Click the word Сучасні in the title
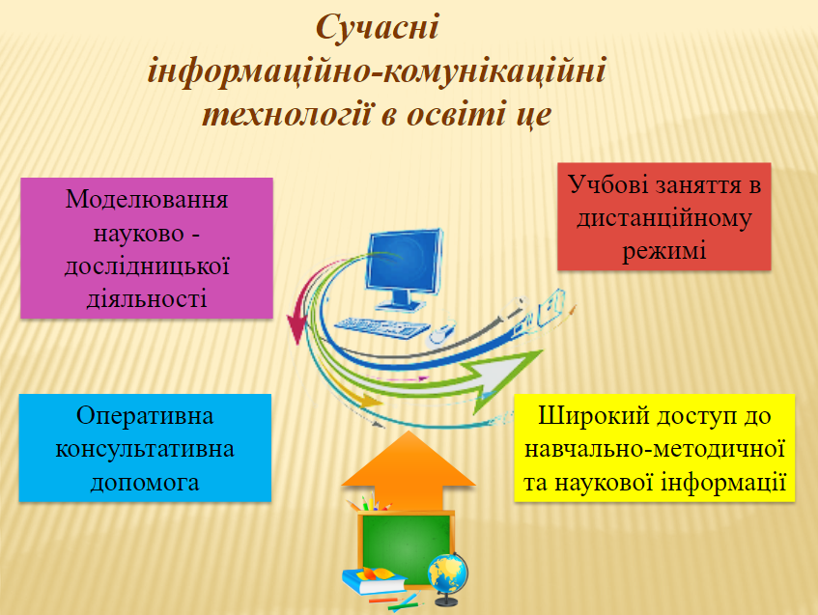pyautogui.click(x=378, y=28)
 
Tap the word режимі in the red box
pyautogui.click(x=664, y=251)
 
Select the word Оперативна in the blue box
pyautogui.click(x=145, y=416)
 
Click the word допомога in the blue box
pyautogui.click(x=145, y=481)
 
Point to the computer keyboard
pyautogui.click(x=381, y=328)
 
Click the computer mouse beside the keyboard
pyautogui.click(x=441, y=334)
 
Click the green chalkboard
pyautogui.click(x=405, y=545)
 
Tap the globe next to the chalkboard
pyautogui.click(x=449, y=575)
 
